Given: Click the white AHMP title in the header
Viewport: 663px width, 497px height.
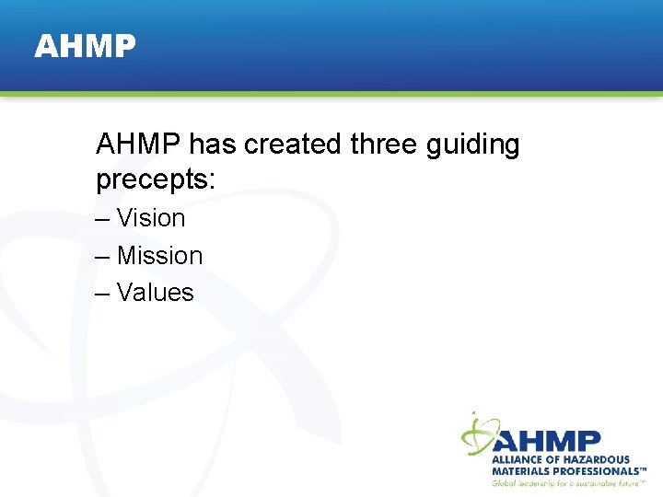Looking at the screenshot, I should (85, 46).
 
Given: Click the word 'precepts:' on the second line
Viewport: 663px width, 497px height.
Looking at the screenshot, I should (155, 180).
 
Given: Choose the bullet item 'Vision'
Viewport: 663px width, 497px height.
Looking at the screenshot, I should (151, 218).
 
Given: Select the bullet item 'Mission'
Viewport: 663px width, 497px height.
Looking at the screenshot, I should (159, 255).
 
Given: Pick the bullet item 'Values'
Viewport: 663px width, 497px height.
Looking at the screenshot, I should (155, 293).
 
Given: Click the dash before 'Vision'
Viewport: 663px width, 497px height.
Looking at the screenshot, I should (101, 219).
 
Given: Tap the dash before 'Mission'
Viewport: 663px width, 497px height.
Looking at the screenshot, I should (101, 256).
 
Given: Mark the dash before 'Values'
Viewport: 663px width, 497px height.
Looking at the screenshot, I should (101, 294).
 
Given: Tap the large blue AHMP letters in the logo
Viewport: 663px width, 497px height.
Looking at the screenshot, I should (549, 441).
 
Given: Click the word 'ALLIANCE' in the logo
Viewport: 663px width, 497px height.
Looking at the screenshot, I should (517, 459).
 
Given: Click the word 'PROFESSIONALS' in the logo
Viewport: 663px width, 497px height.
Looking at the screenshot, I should (597, 470).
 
